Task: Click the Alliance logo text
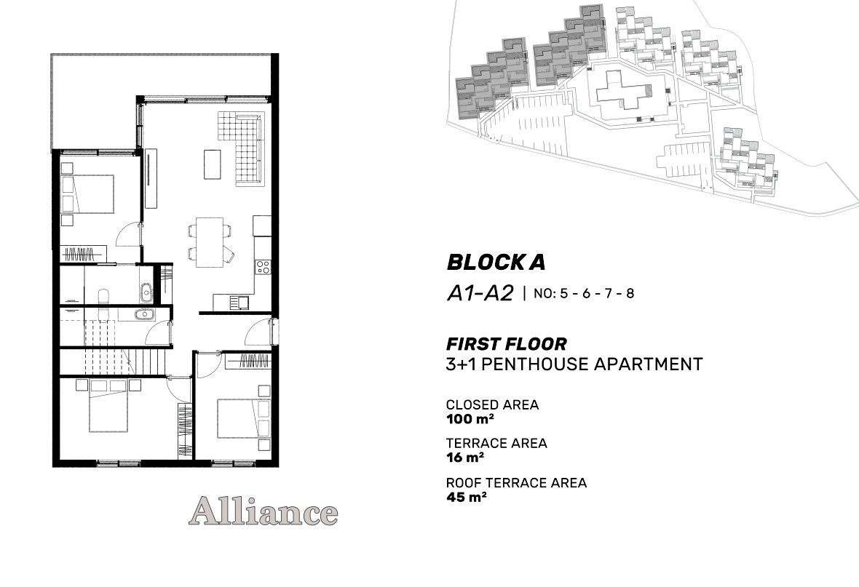pos(263,511)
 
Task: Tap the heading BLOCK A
pos(496,263)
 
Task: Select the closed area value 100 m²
pos(470,420)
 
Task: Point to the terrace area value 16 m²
pos(465,458)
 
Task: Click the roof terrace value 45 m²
pos(466,498)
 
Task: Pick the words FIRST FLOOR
pos(506,345)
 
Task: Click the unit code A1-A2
pos(480,294)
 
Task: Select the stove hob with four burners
pos(262,267)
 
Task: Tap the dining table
pos(210,242)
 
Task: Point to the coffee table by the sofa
pos(213,164)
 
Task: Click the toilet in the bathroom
pos(103,298)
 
